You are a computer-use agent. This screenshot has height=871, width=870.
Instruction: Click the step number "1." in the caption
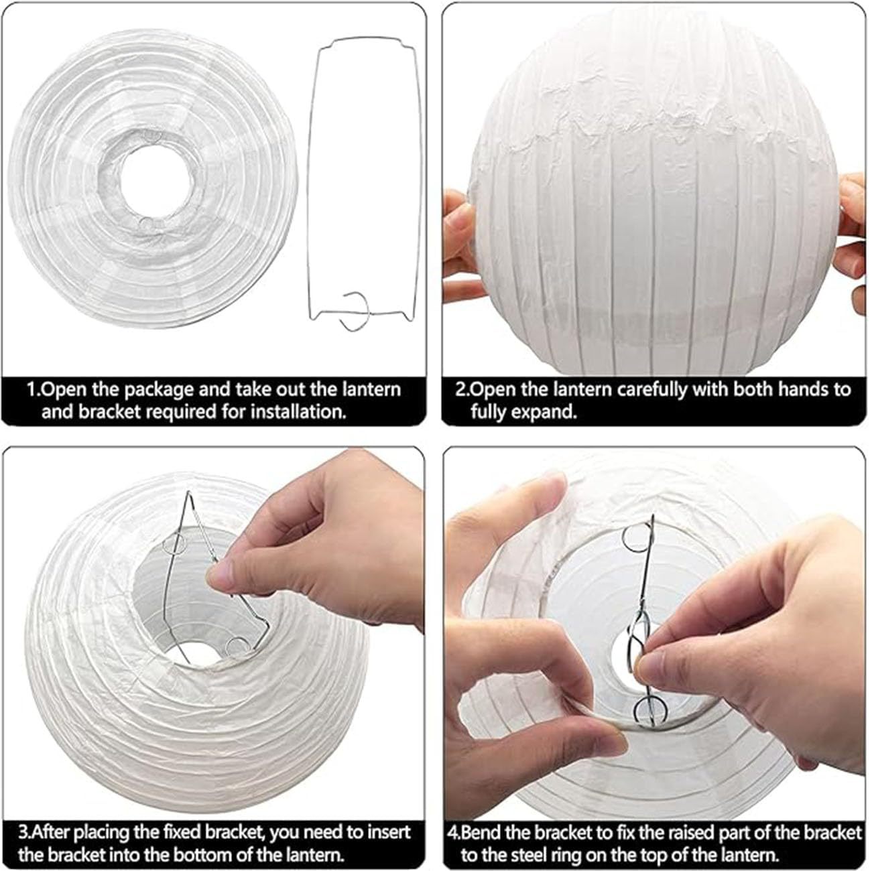pos(34,390)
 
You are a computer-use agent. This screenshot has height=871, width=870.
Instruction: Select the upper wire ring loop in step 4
pos(635,537)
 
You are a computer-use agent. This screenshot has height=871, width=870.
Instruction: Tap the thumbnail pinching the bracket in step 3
pos(221,574)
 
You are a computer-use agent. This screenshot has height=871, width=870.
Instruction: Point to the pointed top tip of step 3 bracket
pos(190,493)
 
